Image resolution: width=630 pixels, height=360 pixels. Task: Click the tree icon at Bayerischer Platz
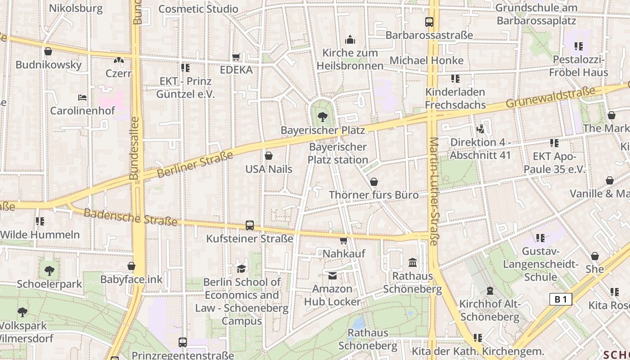322,117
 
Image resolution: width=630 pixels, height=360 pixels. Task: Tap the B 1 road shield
560,299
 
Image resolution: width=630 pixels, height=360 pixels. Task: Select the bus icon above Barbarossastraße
429,22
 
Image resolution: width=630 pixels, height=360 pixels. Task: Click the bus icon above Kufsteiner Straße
249,225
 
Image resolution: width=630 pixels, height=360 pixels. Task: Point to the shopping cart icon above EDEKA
236,57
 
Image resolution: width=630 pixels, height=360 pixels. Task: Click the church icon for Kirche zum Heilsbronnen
350,40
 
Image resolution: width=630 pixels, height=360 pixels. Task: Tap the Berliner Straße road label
195,165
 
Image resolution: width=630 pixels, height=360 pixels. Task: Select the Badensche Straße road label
130,217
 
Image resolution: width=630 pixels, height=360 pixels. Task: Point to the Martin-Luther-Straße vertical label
433,191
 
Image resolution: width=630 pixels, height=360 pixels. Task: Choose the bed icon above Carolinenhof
82,97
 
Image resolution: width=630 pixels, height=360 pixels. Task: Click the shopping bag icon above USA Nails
269,156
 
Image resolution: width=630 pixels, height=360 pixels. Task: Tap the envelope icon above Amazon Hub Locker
333,275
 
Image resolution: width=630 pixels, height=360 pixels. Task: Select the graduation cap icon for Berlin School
241,269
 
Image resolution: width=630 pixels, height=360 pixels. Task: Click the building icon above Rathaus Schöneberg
412,262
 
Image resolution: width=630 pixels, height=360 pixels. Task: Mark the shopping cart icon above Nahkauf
344,241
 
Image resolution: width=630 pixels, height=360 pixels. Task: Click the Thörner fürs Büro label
373,195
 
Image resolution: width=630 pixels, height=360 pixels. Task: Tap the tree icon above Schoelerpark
49,271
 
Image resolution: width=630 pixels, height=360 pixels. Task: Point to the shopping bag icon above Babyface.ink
131,266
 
